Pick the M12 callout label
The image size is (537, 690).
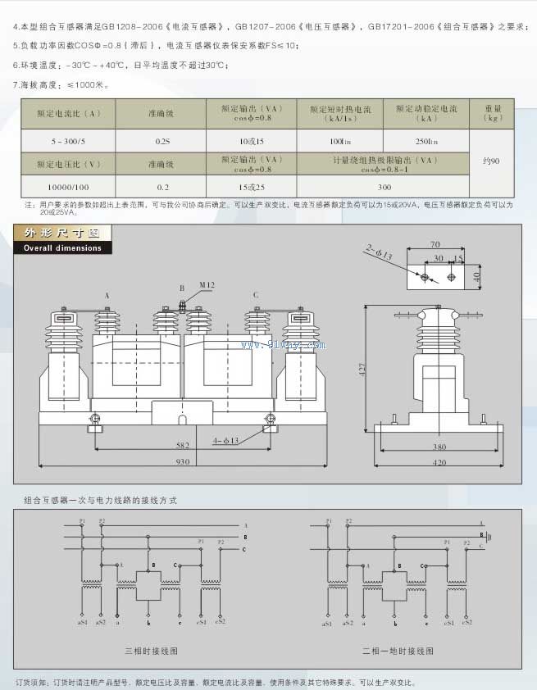click(x=207, y=284)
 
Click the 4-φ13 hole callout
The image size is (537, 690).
click(x=225, y=441)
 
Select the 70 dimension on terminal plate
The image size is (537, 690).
click(x=435, y=244)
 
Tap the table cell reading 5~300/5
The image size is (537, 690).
click(x=68, y=141)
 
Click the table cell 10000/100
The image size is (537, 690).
click(x=68, y=187)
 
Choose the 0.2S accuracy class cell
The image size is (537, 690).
click(x=162, y=141)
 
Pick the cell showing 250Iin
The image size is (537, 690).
click(x=426, y=141)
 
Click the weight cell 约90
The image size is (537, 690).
click(x=492, y=161)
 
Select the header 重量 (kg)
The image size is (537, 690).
click(x=492, y=112)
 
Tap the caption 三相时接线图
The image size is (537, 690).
click(x=151, y=651)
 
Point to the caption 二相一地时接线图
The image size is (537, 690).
click(x=398, y=651)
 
